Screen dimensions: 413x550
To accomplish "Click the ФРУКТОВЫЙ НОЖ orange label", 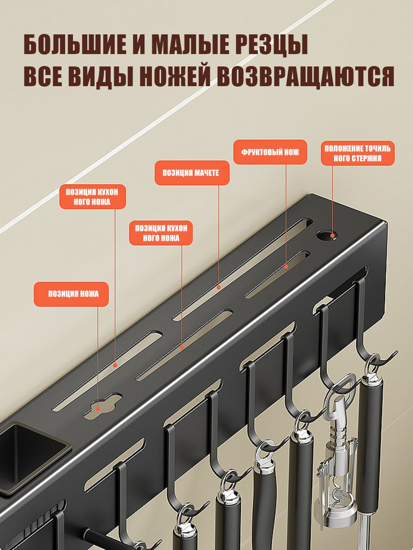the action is [x=270, y=152].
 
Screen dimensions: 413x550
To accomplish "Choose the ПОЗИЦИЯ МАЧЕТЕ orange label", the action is [x=192, y=173].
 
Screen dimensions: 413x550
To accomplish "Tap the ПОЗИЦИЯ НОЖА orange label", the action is [x=71, y=294].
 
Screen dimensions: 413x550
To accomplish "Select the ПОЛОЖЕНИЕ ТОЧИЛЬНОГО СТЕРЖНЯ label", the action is [x=357, y=153].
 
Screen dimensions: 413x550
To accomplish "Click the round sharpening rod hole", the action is [x=327, y=236].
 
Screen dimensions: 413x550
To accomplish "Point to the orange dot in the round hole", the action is [x=333, y=236].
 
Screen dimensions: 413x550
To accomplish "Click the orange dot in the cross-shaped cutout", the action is [x=98, y=408].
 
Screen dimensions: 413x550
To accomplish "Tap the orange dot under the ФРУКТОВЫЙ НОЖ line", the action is [x=286, y=267].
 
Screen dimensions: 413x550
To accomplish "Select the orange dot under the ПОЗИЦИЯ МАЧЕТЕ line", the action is [x=218, y=287].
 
